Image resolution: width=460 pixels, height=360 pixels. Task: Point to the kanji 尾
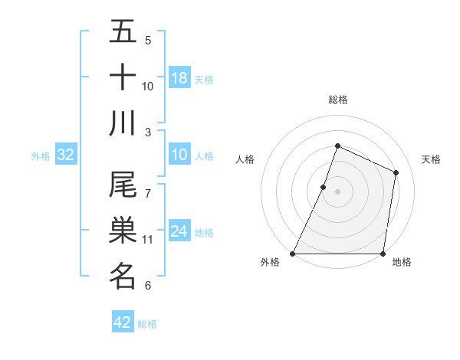coord(123,186)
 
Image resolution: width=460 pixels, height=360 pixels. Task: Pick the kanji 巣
coord(123,231)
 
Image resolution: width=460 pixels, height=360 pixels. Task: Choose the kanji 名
coord(123,277)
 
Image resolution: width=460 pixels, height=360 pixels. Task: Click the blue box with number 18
coord(179,78)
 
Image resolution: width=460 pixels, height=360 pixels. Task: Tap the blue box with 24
coord(179,231)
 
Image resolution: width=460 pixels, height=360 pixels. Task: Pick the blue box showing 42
coord(123,322)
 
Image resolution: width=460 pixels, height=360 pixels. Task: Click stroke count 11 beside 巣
coord(148,240)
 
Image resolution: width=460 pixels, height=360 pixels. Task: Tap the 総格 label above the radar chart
coord(338,100)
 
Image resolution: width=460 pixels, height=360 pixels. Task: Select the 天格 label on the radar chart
coord(432,159)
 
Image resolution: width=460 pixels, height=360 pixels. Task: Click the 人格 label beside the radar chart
coord(245,159)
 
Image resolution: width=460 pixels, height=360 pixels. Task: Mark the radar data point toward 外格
coord(293,254)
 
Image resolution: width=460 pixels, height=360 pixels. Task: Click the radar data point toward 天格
coord(396,172)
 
